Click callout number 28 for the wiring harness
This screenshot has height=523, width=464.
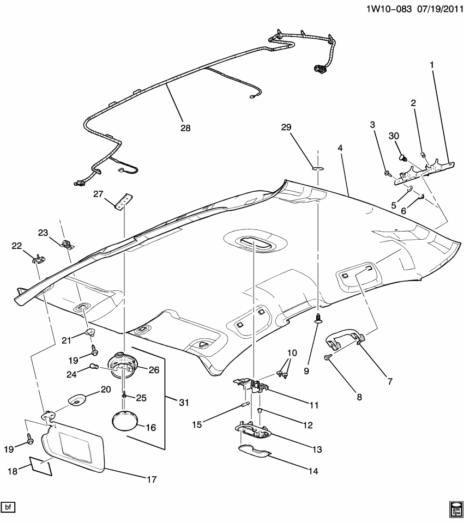[x=185, y=129]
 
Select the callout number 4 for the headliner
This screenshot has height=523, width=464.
[x=340, y=148]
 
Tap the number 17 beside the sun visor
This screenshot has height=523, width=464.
[x=151, y=479]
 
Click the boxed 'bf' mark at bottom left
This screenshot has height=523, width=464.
[x=8, y=508]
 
